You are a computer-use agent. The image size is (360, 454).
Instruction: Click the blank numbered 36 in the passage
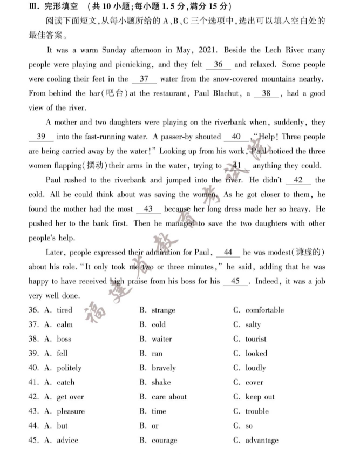click(x=218, y=65)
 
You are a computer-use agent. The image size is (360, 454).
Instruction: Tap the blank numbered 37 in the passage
click(x=144, y=79)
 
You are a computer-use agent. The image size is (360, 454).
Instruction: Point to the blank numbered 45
click(x=235, y=281)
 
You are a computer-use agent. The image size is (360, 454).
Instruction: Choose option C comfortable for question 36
click(x=264, y=310)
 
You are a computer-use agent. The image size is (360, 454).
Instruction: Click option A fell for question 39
click(x=62, y=354)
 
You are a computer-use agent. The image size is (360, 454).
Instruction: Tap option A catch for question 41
click(x=65, y=383)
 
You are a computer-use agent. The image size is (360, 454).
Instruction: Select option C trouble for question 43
click(x=257, y=411)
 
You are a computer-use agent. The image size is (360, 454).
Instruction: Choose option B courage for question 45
click(x=164, y=441)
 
